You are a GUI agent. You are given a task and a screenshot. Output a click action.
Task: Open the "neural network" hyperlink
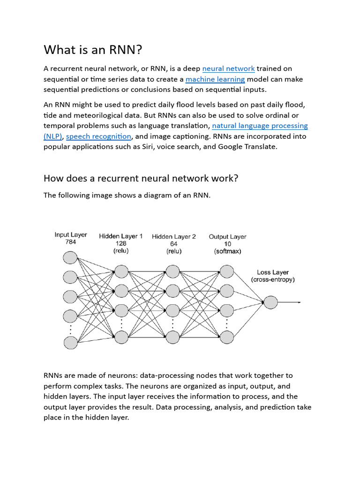point(228,68)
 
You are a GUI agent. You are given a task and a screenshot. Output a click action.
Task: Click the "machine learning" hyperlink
point(215,79)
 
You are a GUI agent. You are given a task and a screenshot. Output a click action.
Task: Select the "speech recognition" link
point(98,136)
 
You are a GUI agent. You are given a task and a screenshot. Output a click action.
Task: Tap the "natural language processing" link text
point(260,126)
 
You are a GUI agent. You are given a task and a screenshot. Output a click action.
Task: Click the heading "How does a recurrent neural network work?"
point(141,178)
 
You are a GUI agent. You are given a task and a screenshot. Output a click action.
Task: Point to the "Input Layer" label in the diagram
point(71,235)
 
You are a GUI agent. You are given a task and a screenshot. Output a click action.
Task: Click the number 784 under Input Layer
point(70,242)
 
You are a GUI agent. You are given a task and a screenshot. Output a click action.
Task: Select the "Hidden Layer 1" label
point(121,236)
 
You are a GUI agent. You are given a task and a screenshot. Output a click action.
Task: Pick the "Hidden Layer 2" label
point(174,236)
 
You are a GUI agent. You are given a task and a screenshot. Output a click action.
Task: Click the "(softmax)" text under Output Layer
point(227,251)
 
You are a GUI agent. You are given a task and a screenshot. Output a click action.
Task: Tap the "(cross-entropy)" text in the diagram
point(273,280)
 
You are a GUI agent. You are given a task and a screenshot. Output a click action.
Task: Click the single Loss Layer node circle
point(270,302)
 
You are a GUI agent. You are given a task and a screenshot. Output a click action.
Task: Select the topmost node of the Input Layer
point(70,258)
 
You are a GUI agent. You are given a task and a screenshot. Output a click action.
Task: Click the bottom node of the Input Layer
point(70,343)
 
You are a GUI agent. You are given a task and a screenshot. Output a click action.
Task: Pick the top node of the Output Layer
point(227,271)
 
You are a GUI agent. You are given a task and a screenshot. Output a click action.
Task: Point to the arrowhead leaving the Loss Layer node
point(299,302)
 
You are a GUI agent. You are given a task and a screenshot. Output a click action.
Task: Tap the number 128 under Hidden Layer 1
point(121,244)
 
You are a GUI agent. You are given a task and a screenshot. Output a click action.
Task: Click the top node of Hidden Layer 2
point(173,271)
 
